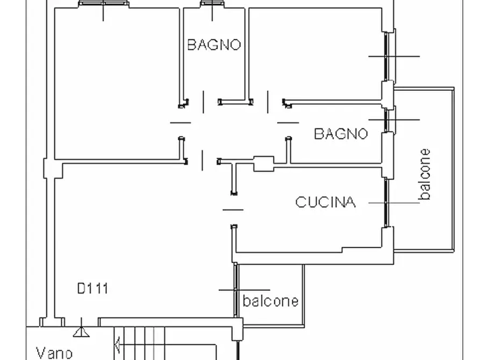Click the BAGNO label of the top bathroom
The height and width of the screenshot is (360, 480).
(x=213, y=45)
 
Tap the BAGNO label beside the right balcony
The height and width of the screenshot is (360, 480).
(x=341, y=133)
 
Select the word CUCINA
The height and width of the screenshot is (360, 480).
(x=325, y=202)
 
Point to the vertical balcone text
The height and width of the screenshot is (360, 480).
(x=425, y=175)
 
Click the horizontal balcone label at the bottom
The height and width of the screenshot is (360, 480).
(x=270, y=301)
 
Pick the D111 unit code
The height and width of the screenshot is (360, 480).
(x=92, y=289)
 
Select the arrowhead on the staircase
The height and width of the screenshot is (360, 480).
(x=117, y=341)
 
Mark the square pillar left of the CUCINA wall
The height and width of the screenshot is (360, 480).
(x=263, y=163)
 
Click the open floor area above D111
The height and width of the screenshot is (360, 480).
(x=134, y=226)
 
